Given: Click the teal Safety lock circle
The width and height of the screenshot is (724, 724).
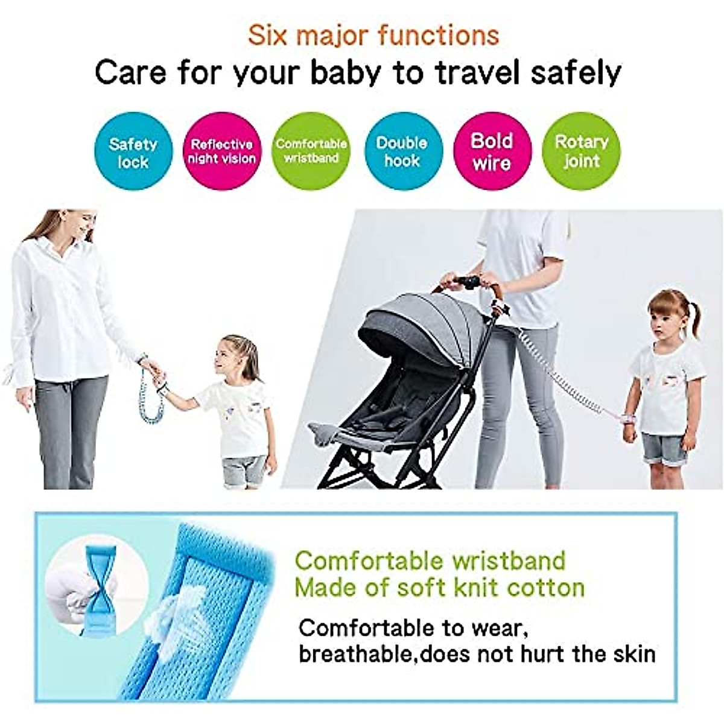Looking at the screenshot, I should (133, 152).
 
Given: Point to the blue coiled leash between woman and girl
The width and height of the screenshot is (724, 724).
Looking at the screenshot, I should (148, 392).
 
